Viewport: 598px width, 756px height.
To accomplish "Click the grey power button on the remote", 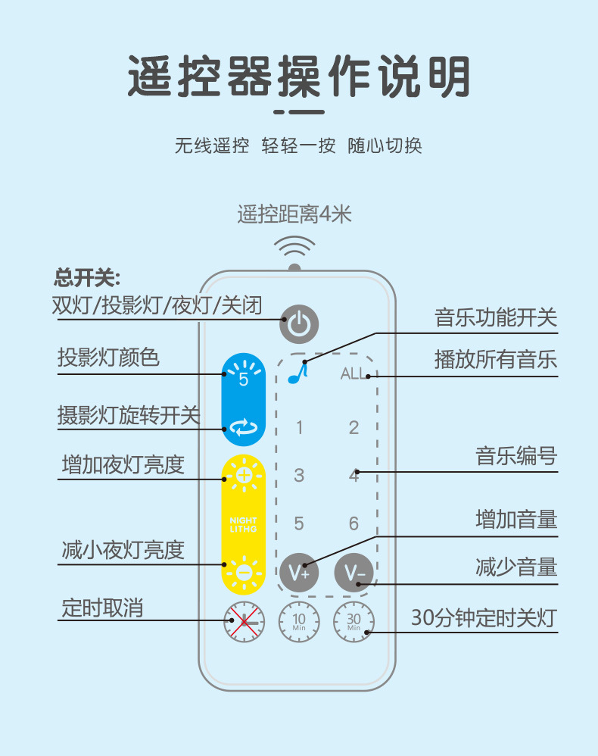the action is (x=299, y=324).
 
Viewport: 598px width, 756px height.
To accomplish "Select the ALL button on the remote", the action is (x=353, y=373).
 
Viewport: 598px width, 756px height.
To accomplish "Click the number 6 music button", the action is (x=354, y=523).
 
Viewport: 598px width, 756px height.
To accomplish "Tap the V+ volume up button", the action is (x=299, y=572).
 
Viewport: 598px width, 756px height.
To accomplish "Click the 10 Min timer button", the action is (x=299, y=622).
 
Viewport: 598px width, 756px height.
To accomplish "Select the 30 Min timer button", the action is (x=354, y=622).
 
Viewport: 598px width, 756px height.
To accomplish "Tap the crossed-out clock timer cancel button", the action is (x=244, y=622).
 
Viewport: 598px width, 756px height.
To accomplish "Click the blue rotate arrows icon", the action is (x=244, y=430).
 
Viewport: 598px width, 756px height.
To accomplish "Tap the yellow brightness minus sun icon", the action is (x=244, y=573).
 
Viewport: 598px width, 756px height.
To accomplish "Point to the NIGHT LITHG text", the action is (x=244, y=524).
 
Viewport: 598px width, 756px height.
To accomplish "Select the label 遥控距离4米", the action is (x=294, y=215).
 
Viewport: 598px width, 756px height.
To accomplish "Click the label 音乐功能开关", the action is (x=495, y=317).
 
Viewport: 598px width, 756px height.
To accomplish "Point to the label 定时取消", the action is (x=102, y=608).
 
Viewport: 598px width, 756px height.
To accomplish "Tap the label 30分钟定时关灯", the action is (x=484, y=619).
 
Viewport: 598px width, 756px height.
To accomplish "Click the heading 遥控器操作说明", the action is (x=299, y=77).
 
